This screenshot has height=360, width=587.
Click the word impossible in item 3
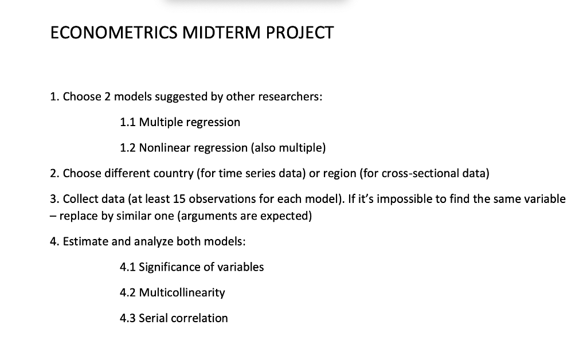tap(396, 199)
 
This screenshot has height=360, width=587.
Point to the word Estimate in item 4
tap(85, 241)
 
